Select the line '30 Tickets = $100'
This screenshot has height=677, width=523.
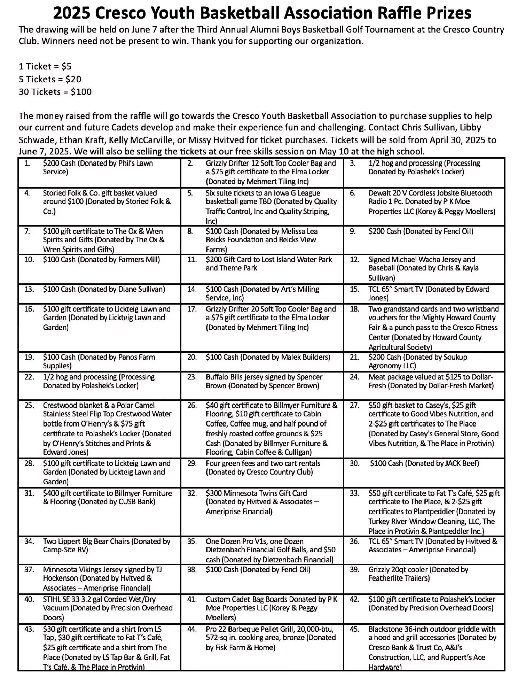coord(55,92)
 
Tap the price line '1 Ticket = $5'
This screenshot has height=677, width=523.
coord(45,66)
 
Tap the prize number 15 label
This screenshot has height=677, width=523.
coord(354,289)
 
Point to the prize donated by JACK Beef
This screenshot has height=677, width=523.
coord(424,463)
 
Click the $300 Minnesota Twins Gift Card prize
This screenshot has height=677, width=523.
coord(262,502)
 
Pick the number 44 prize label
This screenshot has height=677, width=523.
coord(192,629)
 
